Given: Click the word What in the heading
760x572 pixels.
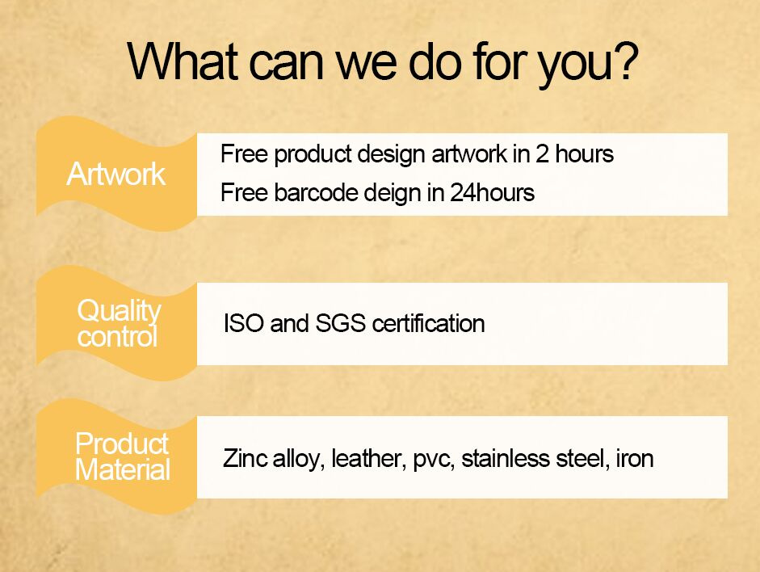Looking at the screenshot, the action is (x=183, y=61).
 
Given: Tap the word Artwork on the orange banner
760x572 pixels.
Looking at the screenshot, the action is (x=116, y=174).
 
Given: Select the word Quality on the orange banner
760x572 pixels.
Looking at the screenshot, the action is (x=120, y=311).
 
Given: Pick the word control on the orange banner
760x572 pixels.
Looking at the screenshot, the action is (x=118, y=336).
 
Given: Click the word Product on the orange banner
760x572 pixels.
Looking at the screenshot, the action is (x=122, y=444).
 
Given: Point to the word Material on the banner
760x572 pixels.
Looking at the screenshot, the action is (x=123, y=469).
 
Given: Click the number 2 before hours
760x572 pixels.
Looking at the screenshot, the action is (x=542, y=154).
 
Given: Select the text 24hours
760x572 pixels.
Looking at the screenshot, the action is (x=492, y=192).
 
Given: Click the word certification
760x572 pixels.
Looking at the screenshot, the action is (x=429, y=323).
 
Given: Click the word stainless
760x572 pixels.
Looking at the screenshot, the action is (x=506, y=458).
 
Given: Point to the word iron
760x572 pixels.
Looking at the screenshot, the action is (x=635, y=458).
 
